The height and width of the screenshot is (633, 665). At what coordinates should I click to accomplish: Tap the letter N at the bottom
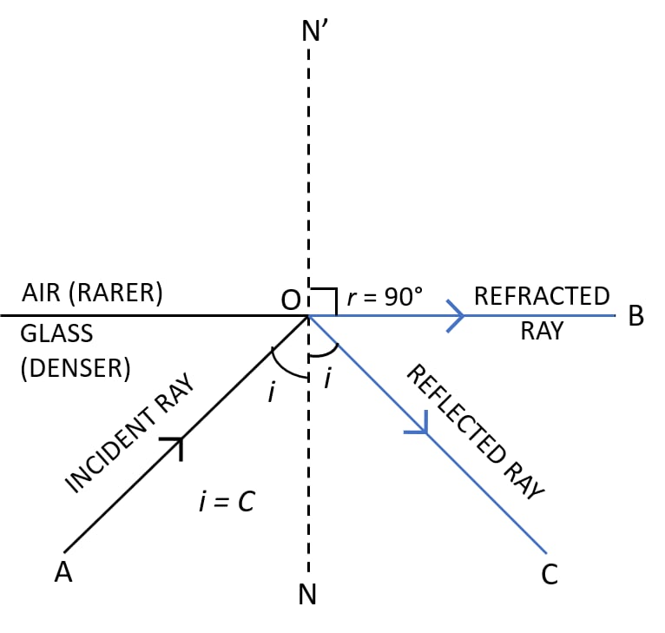[x=307, y=595]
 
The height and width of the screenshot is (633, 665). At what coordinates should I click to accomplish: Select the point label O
[x=289, y=300]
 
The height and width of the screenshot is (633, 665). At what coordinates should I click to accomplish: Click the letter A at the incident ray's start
[x=63, y=572]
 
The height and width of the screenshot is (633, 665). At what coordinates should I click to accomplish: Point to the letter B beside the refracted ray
[x=635, y=317]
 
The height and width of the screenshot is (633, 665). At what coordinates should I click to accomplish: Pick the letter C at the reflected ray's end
[x=549, y=575]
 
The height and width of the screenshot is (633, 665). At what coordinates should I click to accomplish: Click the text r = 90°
[x=384, y=297]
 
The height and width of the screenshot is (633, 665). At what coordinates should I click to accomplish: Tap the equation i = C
[x=227, y=501]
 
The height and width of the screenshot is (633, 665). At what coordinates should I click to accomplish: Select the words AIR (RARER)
[x=93, y=293]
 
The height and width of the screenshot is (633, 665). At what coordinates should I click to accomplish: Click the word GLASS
[x=56, y=334]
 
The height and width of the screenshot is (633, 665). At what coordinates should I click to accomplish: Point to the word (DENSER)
[x=75, y=367]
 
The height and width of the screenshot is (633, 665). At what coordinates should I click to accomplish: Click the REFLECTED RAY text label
[x=474, y=432]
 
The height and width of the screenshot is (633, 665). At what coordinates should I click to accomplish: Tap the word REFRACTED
[x=542, y=296]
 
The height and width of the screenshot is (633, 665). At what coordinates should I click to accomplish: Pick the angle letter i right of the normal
[x=327, y=379]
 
